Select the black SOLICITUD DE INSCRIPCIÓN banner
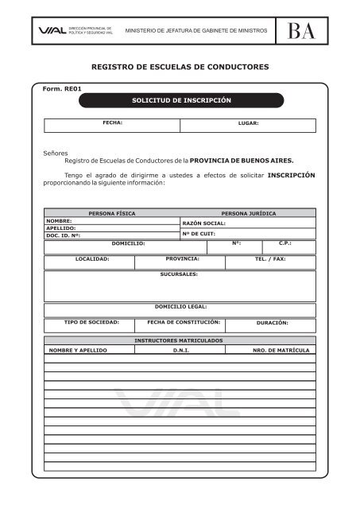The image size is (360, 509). pos(181,101)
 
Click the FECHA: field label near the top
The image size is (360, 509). pos(111,123)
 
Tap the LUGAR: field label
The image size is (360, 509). pos(249,124)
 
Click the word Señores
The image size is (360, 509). pos(55,151)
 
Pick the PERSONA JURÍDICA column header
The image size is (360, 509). pos(249,214)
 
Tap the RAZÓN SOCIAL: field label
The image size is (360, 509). pos(204,223)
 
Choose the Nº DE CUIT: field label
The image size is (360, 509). pos(199,234)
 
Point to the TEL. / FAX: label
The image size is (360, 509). pos(270,260)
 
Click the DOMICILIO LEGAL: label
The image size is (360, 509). pos(180,306)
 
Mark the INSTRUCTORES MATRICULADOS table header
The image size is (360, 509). pos(180,340)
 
